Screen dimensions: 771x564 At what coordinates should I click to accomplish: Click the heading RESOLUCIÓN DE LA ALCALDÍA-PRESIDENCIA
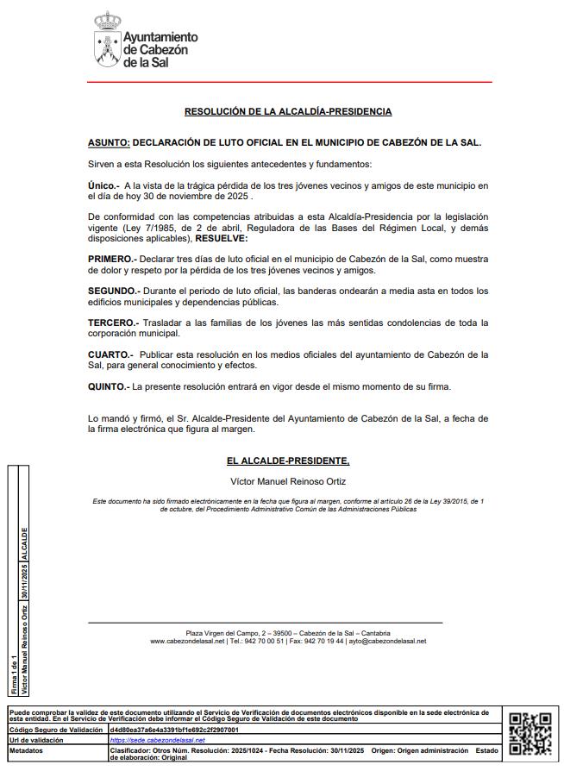tap(288, 111)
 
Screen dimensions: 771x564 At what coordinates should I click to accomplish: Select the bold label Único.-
tap(103, 185)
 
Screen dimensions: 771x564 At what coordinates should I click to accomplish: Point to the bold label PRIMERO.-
tap(112, 259)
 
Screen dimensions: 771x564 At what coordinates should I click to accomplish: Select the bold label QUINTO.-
tap(109, 386)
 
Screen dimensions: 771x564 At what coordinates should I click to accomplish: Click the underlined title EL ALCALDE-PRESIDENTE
tap(288, 461)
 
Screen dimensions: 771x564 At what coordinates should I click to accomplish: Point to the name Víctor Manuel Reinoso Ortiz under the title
tap(288, 481)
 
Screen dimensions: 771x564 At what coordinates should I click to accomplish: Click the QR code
tap(530, 733)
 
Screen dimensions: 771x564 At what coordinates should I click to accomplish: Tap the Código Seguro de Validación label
tap(52, 730)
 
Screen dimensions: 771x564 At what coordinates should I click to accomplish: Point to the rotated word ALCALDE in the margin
tap(24, 545)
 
